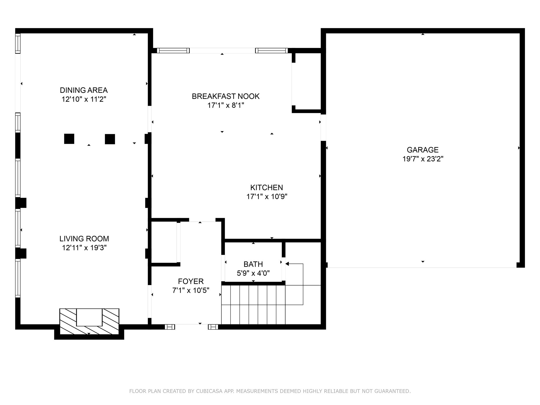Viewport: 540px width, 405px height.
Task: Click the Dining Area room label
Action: tap(84, 90)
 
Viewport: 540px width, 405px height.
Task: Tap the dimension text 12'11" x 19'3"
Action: tap(84, 248)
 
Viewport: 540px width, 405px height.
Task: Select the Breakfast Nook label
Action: tap(225, 96)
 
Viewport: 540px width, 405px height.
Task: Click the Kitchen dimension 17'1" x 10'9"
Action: tap(267, 197)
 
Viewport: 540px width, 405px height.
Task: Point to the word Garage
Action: tap(422, 150)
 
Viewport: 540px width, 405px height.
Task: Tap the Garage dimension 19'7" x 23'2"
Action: tap(423, 159)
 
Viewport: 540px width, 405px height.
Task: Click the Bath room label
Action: tap(253, 264)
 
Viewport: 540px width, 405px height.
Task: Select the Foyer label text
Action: tap(191, 281)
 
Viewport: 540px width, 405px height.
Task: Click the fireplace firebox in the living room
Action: tap(89, 317)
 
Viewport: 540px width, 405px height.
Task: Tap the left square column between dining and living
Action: tap(69, 139)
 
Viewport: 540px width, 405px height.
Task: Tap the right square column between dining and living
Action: tap(110, 139)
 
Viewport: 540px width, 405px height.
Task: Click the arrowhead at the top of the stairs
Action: tap(287, 264)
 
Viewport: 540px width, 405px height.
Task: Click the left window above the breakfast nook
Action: tap(173, 50)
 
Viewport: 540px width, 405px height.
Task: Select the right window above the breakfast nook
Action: tap(271, 50)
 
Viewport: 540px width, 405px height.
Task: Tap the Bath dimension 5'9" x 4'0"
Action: tap(253, 273)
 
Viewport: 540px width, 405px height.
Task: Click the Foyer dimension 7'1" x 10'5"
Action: tap(191, 291)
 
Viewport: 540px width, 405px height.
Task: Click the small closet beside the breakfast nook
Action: tap(306, 82)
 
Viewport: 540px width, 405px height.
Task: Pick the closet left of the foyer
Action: tap(164, 242)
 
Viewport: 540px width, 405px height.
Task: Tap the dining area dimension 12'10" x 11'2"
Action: tap(84, 99)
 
